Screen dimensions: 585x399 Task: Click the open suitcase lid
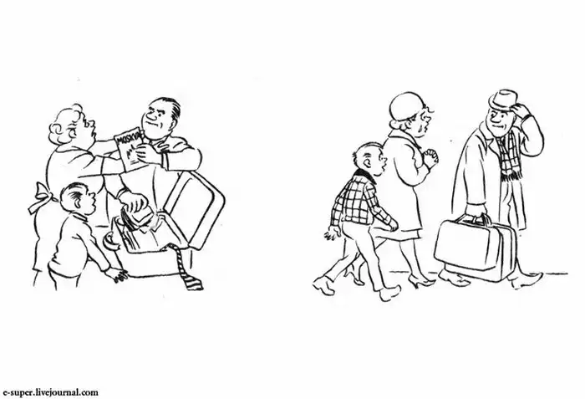pos(195,209)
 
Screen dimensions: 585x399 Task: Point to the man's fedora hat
pos(504,100)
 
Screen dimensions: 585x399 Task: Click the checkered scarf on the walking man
pos(509,156)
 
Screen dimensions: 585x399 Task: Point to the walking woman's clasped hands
pos(431,157)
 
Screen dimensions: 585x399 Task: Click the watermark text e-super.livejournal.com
pos(51,392)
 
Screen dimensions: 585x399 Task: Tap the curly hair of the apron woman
pos(66,122)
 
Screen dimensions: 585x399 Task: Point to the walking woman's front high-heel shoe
pos(421,280)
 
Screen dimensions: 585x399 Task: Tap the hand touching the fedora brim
pos(521,109)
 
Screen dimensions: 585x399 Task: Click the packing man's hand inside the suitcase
pos(135,202)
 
